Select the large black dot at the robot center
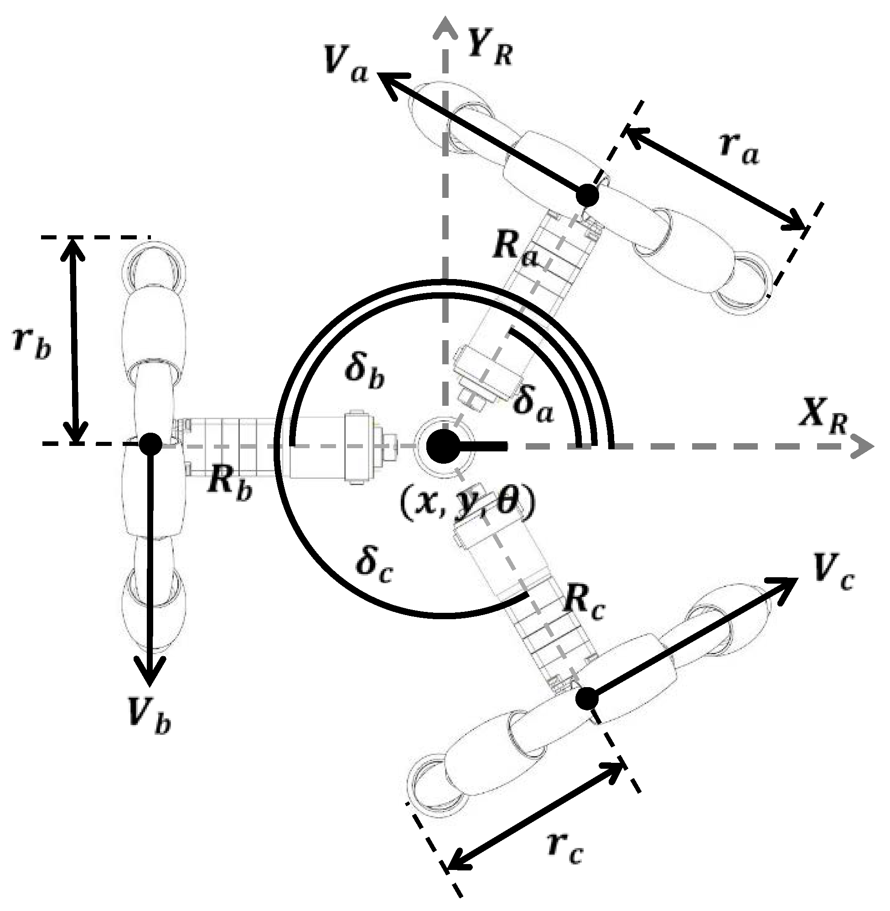coord(442,446)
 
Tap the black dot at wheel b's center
coord(150,443)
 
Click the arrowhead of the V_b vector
coord(150,671)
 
